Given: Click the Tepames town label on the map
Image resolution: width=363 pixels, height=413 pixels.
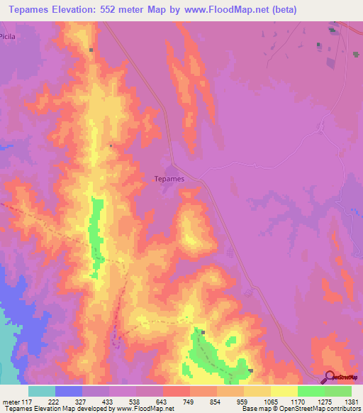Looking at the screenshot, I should pos(169,179).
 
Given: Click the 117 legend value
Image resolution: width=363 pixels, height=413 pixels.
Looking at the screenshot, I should pos(27,401).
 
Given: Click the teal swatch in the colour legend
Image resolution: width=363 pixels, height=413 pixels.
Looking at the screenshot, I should pos(42,391).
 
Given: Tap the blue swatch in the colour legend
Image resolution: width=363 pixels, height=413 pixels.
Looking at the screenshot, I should pos(69,391).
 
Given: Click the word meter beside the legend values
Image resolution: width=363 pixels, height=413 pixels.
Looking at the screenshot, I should pos(10,401).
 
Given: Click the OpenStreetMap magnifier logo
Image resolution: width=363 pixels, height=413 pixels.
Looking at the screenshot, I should pos(330,378).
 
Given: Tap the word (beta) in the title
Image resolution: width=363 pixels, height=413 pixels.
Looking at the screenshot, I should pos(282,10).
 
